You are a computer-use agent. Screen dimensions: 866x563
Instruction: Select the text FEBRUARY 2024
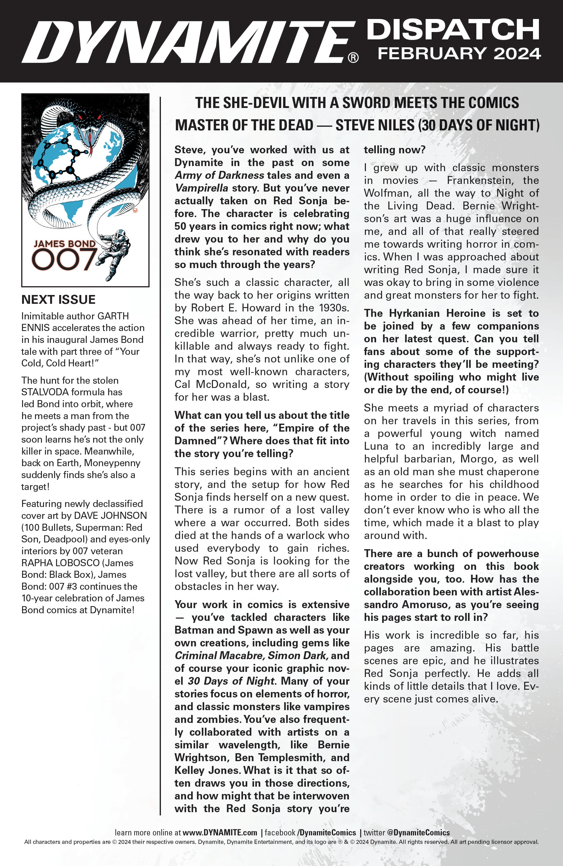tap(459, 54)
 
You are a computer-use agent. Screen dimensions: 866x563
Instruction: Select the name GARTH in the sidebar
tap(113, 316)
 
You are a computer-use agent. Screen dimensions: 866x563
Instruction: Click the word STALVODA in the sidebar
tap(45, 392)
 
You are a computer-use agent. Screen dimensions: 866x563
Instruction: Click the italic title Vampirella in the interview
tap(201, 188)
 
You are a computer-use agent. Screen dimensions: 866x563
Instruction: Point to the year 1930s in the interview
tap(334, 308)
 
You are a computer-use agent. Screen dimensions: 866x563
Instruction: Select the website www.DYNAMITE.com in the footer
tap(220, 833)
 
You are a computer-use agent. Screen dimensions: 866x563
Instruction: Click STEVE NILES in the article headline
tap(375, 125)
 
